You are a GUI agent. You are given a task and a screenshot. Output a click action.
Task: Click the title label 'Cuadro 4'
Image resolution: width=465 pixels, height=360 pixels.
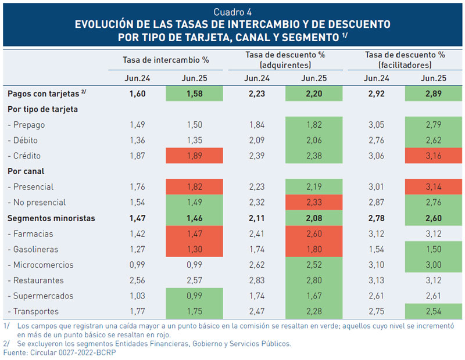233,12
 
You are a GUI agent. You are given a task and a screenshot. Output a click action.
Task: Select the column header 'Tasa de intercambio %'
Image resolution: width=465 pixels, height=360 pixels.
166,59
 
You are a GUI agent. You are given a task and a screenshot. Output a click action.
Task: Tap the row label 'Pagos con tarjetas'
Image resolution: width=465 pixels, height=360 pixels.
44,93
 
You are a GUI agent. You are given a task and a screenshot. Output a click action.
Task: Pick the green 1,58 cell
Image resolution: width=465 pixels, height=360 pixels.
195,93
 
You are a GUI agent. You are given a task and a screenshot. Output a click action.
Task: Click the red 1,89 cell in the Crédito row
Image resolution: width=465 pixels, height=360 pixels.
195,156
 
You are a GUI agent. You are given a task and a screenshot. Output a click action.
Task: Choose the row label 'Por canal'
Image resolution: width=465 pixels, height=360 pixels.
26,171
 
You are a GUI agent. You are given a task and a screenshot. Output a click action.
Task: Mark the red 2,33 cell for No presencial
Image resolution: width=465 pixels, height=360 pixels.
314,203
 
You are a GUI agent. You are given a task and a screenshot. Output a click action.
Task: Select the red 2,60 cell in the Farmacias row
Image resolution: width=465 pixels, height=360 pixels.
314,233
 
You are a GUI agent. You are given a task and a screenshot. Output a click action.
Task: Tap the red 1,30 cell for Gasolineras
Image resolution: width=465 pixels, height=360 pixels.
195,249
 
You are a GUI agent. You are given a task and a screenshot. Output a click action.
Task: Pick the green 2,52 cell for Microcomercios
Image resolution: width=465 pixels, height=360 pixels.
314,265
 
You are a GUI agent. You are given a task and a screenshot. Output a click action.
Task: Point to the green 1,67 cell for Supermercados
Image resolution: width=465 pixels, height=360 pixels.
314,296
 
